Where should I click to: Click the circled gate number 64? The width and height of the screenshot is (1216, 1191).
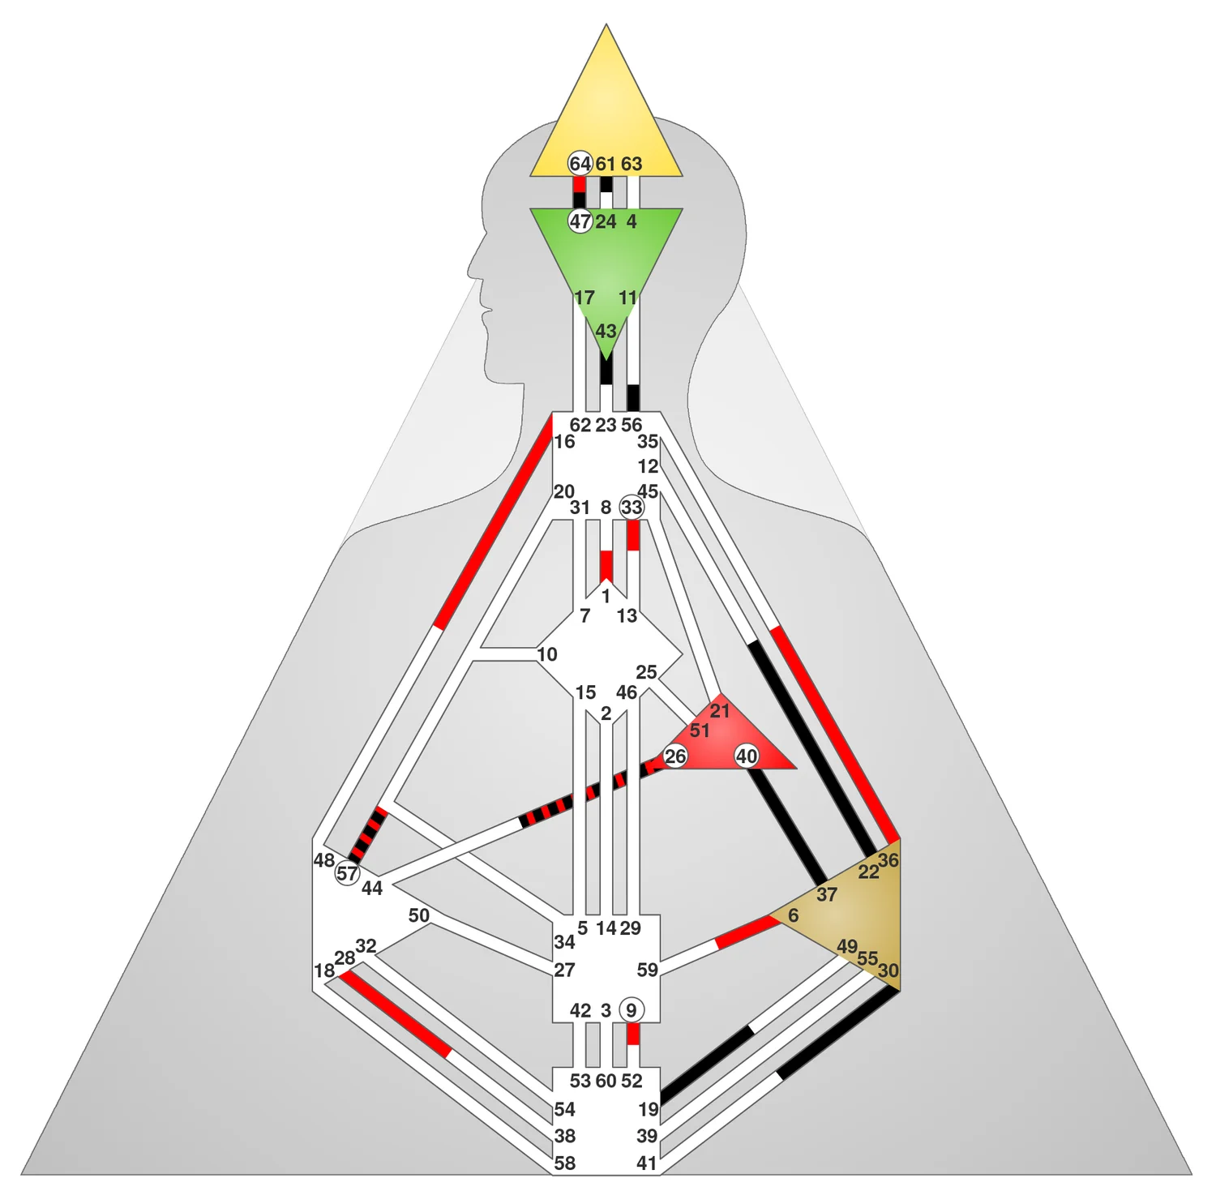click(580, 164)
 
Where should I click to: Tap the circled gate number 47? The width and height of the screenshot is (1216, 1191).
click(580, 221)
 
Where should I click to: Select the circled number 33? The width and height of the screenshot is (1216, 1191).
click(632, 508)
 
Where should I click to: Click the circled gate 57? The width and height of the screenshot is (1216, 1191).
click(347, 873)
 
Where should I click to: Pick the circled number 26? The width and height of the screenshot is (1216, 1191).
click(675, 756)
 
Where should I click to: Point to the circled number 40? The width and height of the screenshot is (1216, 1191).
click(747, 756)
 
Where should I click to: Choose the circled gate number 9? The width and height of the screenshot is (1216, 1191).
click(632, 1010)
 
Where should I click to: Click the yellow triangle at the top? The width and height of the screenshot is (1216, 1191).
click(606, 114)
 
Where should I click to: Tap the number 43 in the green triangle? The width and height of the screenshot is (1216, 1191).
click(606, 331)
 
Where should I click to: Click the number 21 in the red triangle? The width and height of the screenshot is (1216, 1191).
click(720, 711)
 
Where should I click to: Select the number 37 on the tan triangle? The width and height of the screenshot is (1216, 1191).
click(826, 894)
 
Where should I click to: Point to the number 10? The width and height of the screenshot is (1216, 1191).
click(547, 654)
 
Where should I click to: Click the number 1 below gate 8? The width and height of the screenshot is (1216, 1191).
click(606, 597)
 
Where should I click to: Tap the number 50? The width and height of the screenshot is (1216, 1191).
click(418, 915)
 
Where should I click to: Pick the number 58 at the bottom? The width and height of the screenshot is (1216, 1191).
click(565, 1163)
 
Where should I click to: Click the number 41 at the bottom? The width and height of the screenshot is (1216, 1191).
click(646, 1163)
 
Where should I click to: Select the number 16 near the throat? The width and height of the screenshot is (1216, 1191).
click(564, 442)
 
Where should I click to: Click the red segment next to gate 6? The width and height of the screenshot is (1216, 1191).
click(744, 932)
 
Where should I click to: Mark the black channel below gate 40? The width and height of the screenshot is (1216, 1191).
click(786, 827)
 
